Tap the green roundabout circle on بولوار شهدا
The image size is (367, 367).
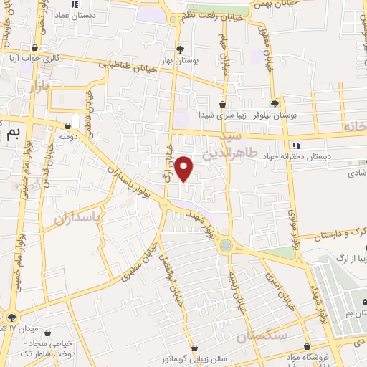click(227, 245)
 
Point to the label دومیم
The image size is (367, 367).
click(65, 136)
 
